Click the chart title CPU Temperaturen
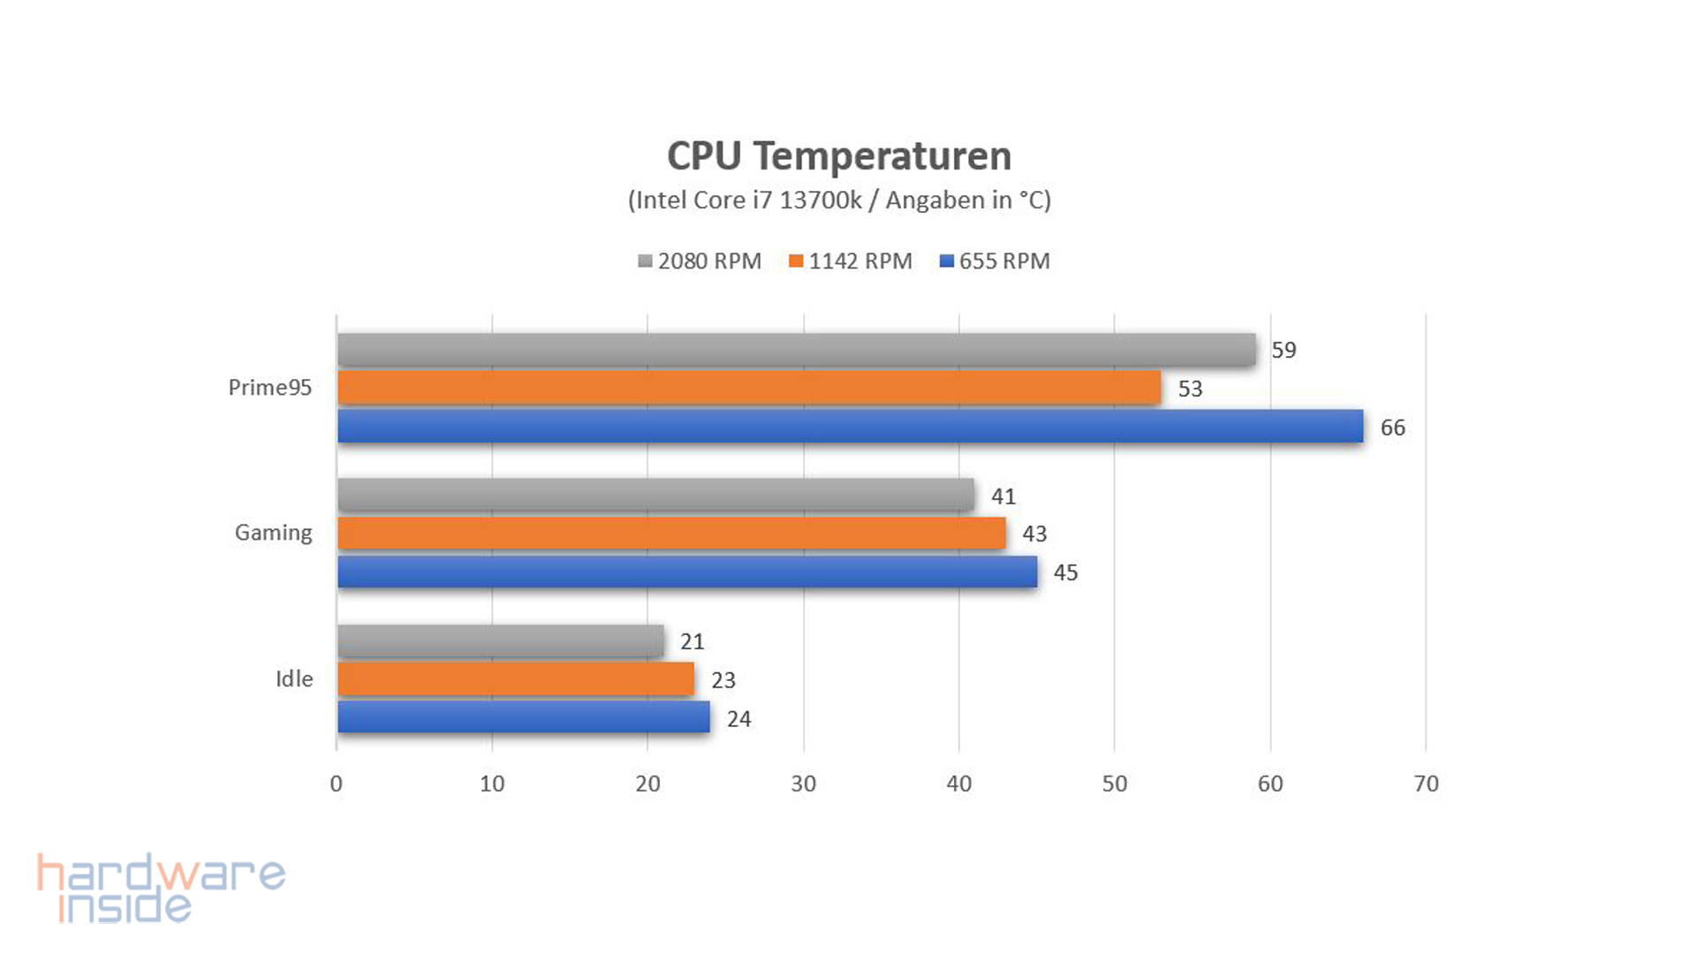click(838, 156)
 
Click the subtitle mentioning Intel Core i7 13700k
click(838, 201)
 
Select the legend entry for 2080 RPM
click(700, 261)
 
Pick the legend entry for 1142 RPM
click(851, 261)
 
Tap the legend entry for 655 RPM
click(995, 261)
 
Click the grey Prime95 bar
click(795, 350)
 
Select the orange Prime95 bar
click(748, 388)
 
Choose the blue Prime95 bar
click(850, 427)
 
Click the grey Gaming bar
click(655, 495)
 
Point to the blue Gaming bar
click(686, 572)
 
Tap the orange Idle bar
click(515, 679)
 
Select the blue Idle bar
click(523, 717)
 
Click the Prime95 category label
click(269, 388)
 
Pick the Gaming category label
click(273, 533)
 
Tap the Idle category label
click(294, 678)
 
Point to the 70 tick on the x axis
click(1426, 784)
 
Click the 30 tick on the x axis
click(803, 784)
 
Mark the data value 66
click(1392, 428)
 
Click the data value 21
click(692, 641)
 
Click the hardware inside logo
click(161, 888)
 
